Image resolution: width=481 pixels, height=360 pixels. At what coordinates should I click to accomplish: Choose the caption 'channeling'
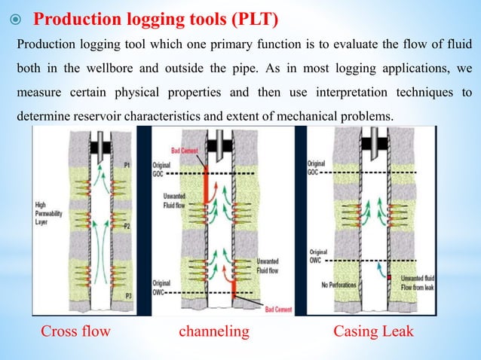click(213, 331)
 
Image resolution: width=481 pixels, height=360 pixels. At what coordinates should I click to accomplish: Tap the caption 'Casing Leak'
click(373, 331)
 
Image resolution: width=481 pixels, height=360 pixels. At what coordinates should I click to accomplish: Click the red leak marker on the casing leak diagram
click(389, 278)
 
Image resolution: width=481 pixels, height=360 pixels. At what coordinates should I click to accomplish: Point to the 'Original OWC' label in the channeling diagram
click(164, 285)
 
